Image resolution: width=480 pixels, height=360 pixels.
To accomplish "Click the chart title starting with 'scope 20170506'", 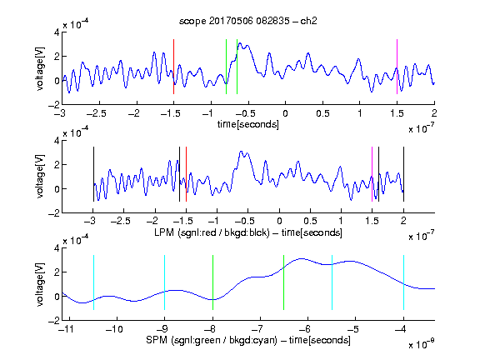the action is coord(248,21).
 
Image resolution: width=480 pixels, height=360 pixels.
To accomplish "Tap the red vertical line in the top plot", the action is coord(173,67).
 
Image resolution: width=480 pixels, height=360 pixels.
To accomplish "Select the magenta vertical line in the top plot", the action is coord(397,67).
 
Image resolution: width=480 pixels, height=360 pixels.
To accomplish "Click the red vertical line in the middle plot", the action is coord(186,174).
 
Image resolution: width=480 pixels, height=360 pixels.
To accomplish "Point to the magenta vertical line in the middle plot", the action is coord(372,174).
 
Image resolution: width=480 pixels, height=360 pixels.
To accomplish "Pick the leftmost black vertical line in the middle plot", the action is coord(93,174).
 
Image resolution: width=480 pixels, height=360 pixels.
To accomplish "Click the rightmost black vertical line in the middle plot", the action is coord(403,174).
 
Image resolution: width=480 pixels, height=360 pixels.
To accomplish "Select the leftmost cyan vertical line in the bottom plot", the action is coord(93,282).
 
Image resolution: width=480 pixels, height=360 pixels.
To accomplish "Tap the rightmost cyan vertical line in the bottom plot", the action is coord(403,282).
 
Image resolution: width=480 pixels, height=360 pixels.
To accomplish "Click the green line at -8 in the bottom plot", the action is coord(212,282).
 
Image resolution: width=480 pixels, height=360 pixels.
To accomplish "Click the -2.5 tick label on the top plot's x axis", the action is coord(97,113).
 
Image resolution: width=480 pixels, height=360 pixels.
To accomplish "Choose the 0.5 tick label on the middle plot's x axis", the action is coord(310,221).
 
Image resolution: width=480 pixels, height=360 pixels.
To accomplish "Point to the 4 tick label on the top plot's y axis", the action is coord(57,32).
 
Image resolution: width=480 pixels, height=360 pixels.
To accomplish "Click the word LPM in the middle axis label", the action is coord(164,232).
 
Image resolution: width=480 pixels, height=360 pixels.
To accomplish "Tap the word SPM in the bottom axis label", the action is coord(157,340).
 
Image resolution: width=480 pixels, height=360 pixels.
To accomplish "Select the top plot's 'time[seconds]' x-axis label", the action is coord(248,124).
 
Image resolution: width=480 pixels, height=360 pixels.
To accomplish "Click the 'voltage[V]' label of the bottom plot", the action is coord(40,284).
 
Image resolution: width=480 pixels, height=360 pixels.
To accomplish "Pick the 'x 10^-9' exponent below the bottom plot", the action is coord(422,344).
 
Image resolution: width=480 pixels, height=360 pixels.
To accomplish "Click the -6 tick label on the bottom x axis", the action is coord(304,329).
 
